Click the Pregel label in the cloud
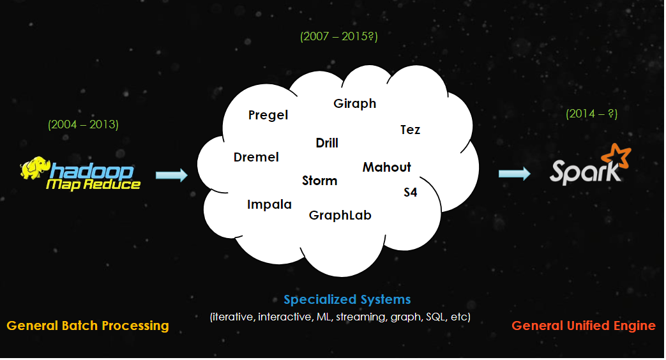[x=268, y=116]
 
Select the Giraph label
[x=355, y=103]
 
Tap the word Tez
[x=411, y=130]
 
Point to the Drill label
[x=327, y=143]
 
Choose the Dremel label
[x=256, y=157]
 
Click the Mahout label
[x=387, y=167]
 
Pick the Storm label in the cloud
[x=319, y=181]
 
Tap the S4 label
[x=411, y=192]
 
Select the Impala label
[x=269, y=204]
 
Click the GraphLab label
[x=340, y=215]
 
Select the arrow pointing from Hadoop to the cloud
[x=171, y=175]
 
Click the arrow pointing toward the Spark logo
[x=515, y=173]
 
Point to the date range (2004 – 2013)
[x=83, y=124]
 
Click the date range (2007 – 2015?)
[x=339, y=36]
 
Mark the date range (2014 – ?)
[x=591, y=114]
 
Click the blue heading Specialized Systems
[x=347, y=299]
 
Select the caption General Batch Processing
[x=87, y=326]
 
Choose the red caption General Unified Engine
[x=584, y=326]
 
